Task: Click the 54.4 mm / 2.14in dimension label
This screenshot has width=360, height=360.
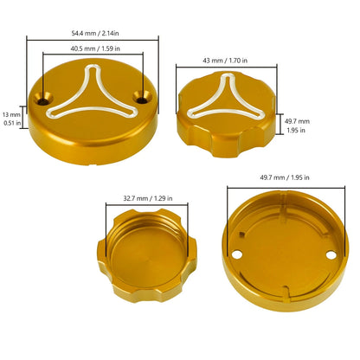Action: pyautogui.click(x=95, y=33)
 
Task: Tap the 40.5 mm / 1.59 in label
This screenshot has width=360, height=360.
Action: pyautogui.click(x=95, y=48)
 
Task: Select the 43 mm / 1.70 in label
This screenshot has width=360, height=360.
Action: pyautogui.click(x=225, y=61)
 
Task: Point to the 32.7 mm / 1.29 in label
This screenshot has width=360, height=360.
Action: pyautogui.click(x=148, y=198)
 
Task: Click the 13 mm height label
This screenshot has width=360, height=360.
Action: pyautogui.click(x=11, y=114)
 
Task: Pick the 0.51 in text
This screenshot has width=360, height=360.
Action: pyautogui.click(x=12, y=123)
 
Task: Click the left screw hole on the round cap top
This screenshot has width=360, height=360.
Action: pyautogui.click(x=43, y=100)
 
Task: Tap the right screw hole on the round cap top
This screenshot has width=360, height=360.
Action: pyautogui.click(x=142, y=99)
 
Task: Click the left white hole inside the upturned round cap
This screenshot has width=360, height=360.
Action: pyautogui.click(x=237, y=254)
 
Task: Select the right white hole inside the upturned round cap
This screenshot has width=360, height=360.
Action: pyautogui.click(x=331, y=255)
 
